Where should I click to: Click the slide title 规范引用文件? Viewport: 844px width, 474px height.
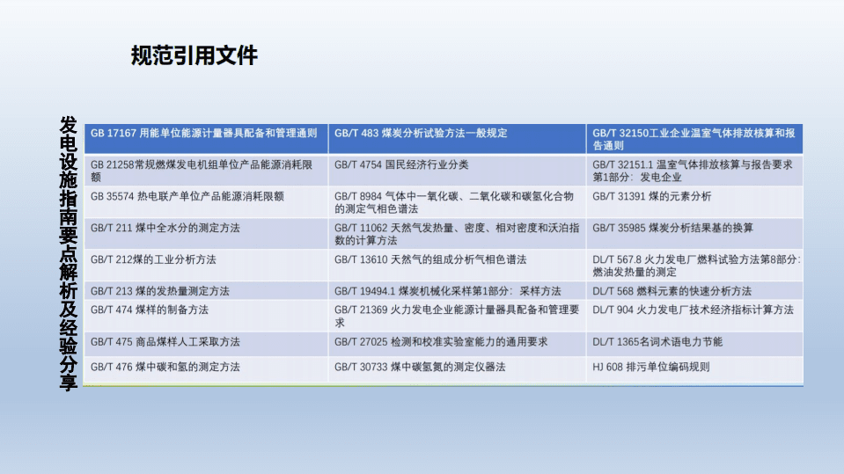(194, 56)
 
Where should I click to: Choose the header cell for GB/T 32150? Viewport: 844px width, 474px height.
(694, 139)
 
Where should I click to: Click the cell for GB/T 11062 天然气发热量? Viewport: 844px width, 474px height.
(457, 234)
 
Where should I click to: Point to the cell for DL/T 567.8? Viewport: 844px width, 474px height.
(694, 266)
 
